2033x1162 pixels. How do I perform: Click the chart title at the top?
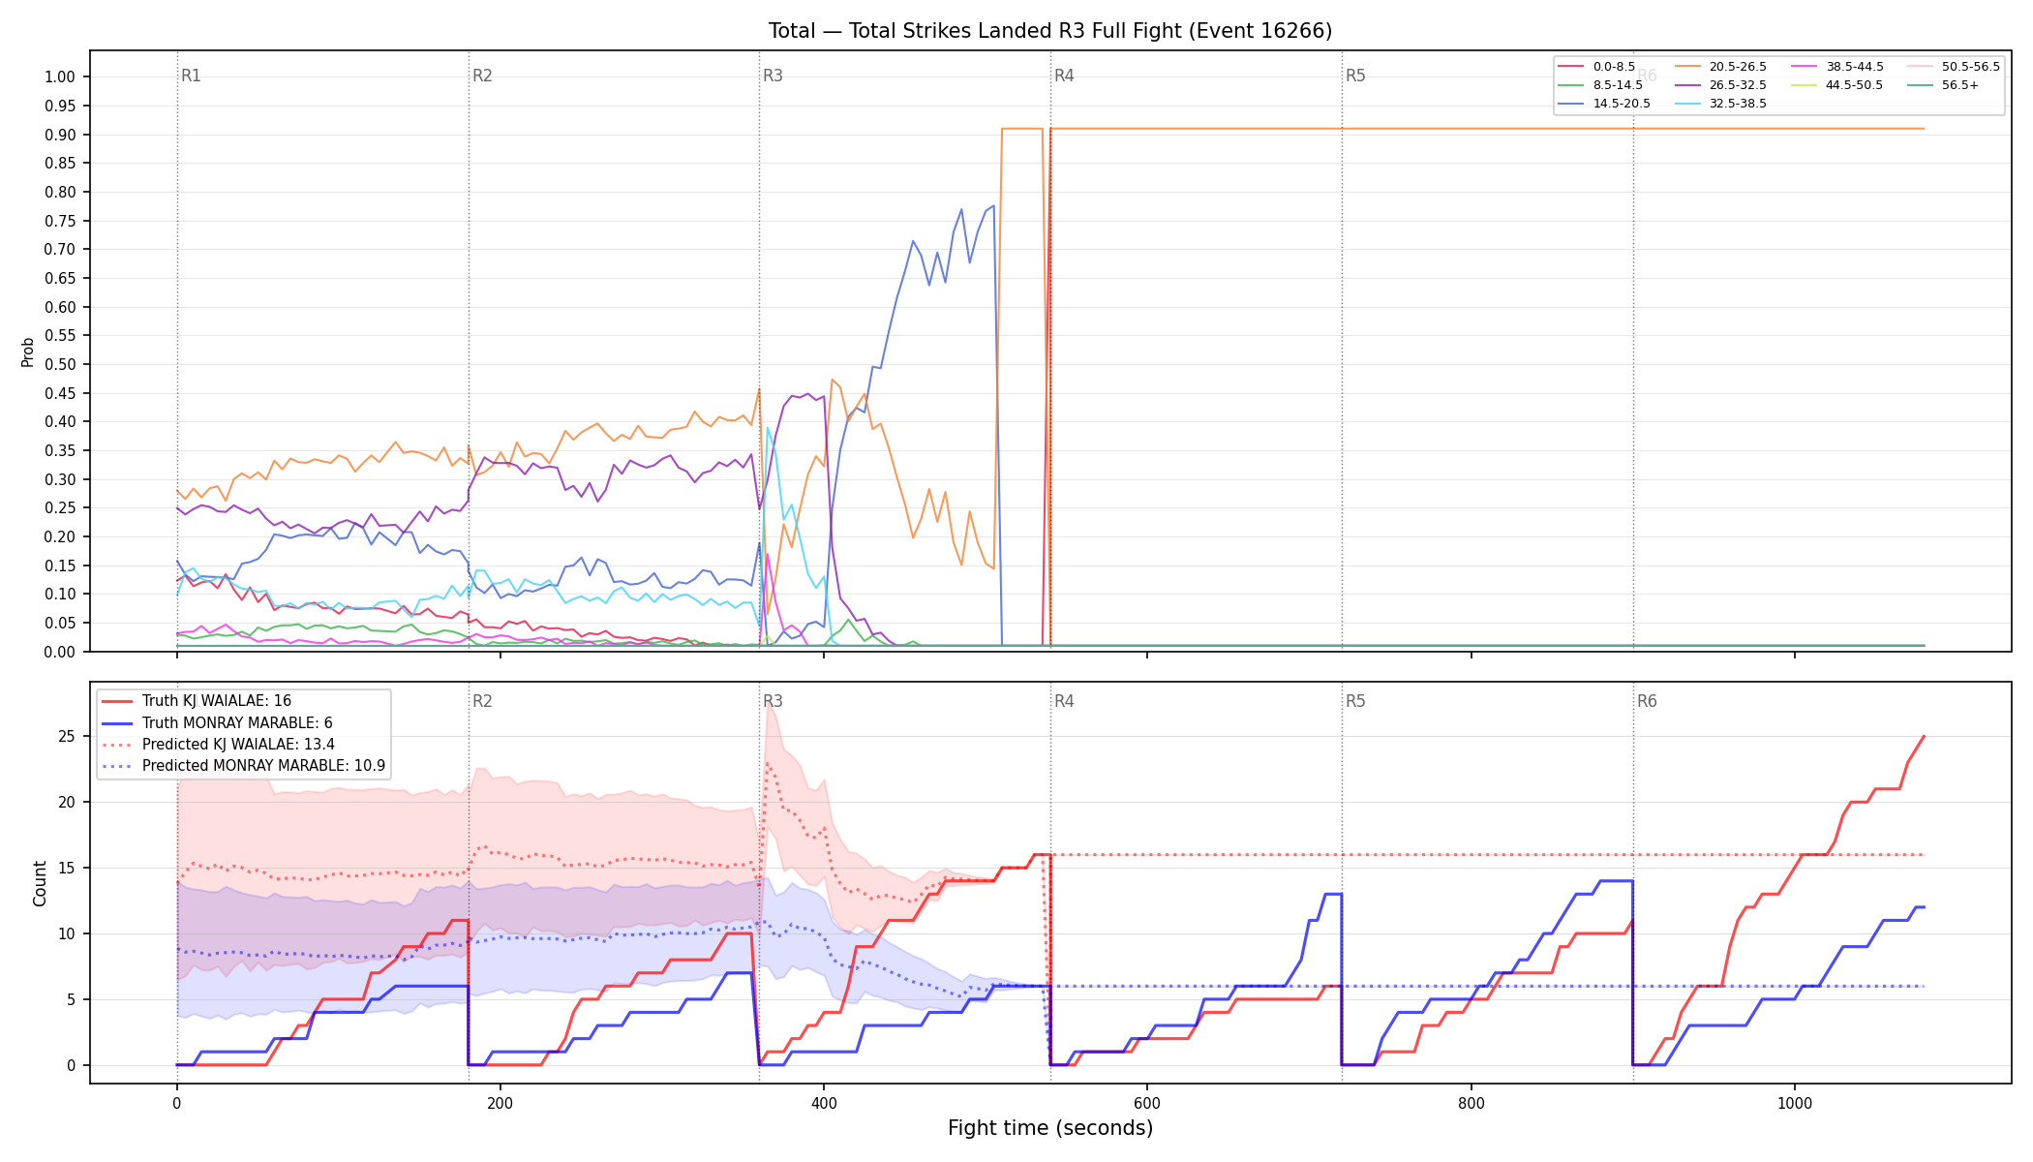pos(1050,31)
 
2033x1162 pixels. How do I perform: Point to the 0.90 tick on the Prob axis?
pos(60,135)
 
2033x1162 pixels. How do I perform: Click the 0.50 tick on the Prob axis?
pos(60,364)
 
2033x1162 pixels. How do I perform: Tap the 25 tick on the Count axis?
pos(67,736)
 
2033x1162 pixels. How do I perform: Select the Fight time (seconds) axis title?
pos(1050,1128)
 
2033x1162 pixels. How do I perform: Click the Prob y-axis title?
pos(28,352)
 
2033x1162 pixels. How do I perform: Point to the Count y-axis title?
pos(40,883)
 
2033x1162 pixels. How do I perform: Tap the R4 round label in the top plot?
pos(1064,76)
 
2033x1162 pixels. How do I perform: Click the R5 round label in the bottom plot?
pos(1355,701)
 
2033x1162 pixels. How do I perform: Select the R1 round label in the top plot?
pos(191,76)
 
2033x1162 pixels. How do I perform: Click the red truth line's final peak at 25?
pos(1924,736)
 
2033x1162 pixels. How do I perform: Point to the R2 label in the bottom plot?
pos(482,701)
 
